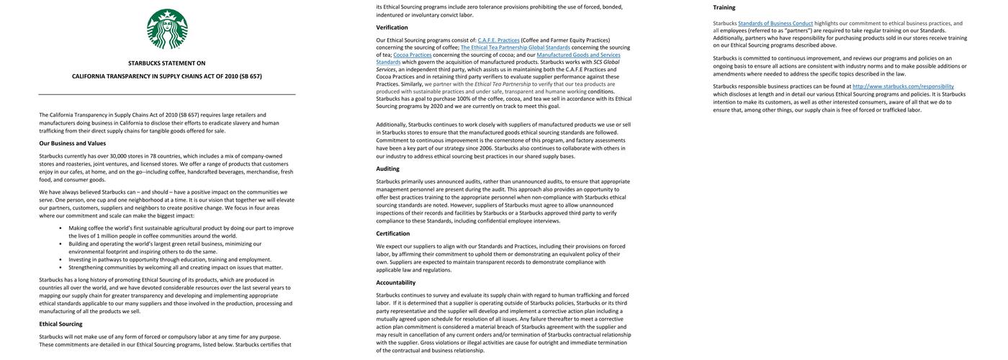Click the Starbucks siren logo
(x=167, y=29)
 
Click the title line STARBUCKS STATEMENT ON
(x=167, y=63)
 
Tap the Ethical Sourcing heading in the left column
(x=60, y=324)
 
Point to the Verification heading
(x=392, y=27)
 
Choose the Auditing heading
(x=387, y=168)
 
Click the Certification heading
(x=392, y=233)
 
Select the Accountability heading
(x=395, y=282)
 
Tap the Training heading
(x=724, y=7)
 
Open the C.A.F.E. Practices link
(x=498, y=40)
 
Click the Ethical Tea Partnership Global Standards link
(x=515, y=48)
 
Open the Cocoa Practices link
(x=412, y=55)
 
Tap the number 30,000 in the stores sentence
(x=118, y=156)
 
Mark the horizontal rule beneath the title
(x=167, y=94)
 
